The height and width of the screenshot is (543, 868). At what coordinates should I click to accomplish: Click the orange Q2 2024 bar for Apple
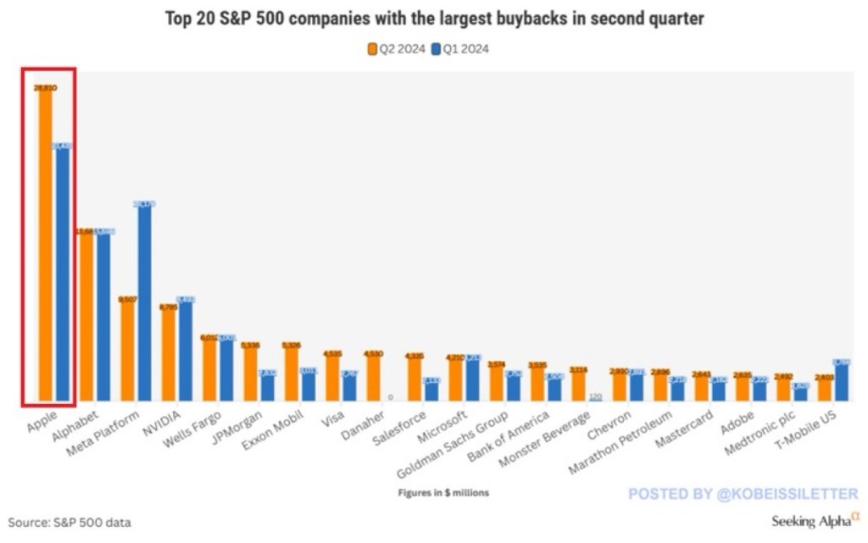pyautogui.click(x=45, y=246)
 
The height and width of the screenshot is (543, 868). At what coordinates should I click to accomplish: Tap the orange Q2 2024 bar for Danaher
pyautogui.click(x=372, y=376)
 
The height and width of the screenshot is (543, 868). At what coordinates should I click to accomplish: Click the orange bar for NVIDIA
pyautogui.click(x=169, y=356)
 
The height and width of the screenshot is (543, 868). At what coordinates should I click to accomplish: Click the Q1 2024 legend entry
pyautogui.click(x=460, y=48)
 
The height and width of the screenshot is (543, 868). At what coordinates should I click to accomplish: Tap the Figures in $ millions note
pyautogui.click(x=443, y=492)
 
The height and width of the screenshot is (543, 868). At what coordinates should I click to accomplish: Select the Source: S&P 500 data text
pyautogui.click(x=70, y=523)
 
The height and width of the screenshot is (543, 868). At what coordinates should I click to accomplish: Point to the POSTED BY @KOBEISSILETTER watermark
pyautogui.click(x=743, y=494)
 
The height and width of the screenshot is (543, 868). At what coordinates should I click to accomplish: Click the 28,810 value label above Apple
pyautogui.click(x=45, y=87)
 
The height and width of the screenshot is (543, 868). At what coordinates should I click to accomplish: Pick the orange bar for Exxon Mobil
pyautogui.click(x=291, y=373)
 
